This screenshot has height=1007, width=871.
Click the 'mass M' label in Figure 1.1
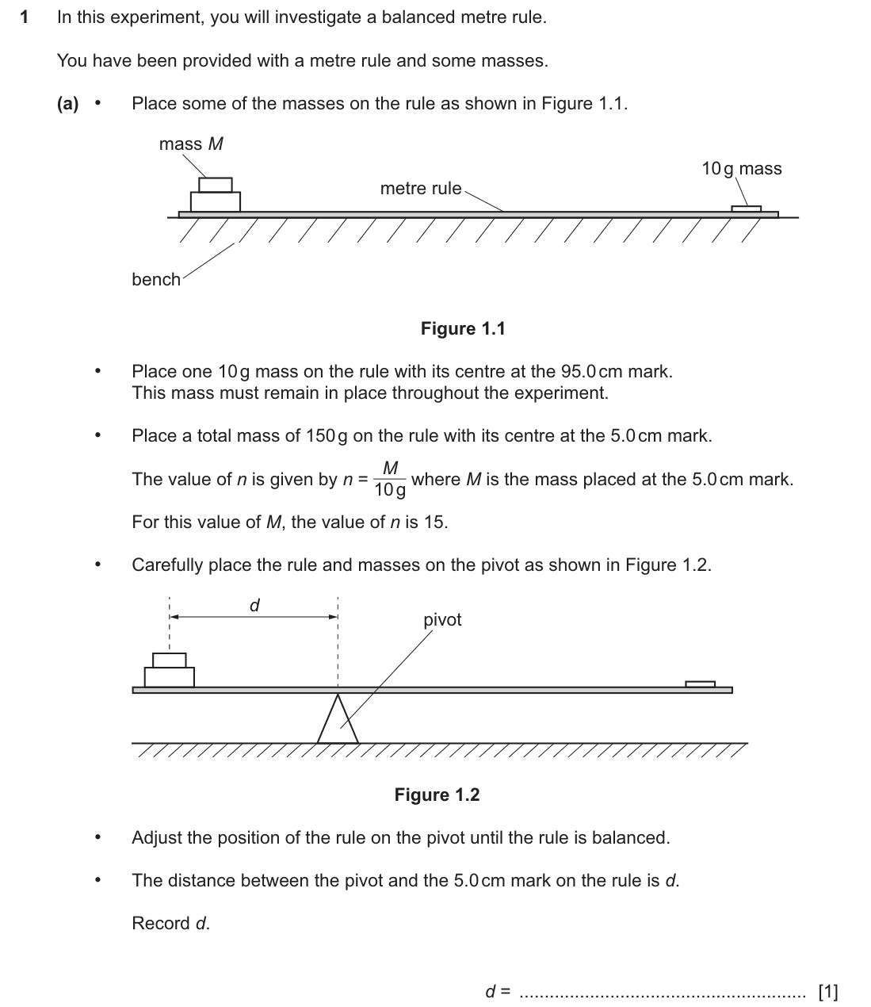click(191, 144)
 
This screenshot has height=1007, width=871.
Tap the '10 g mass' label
click(742, 169)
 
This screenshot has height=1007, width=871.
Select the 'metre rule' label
click(421, 189)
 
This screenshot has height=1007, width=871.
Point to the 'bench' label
click(156, 280)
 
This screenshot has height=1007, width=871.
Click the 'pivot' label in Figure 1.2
click(442, 620)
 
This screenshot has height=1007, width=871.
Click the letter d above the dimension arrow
click(254, 605)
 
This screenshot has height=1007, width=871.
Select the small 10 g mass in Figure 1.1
click(747, 209)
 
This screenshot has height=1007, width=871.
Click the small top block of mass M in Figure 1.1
click(216, 185)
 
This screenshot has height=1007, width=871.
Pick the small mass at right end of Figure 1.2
click(700, 684)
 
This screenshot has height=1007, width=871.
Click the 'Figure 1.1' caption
click(463, 329)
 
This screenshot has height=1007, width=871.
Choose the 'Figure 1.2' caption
click(437, 794)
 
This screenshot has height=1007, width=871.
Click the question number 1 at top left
click(24, 17)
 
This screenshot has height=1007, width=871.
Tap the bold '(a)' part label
click(67, 104)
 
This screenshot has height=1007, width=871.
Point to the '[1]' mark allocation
click(828, 991)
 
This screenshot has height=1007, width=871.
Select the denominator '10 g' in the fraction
click(389, 490)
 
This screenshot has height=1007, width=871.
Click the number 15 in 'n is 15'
click(434, 523)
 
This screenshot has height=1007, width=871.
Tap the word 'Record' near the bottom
click(161, 923)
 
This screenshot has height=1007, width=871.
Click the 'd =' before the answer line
click(498, 991)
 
